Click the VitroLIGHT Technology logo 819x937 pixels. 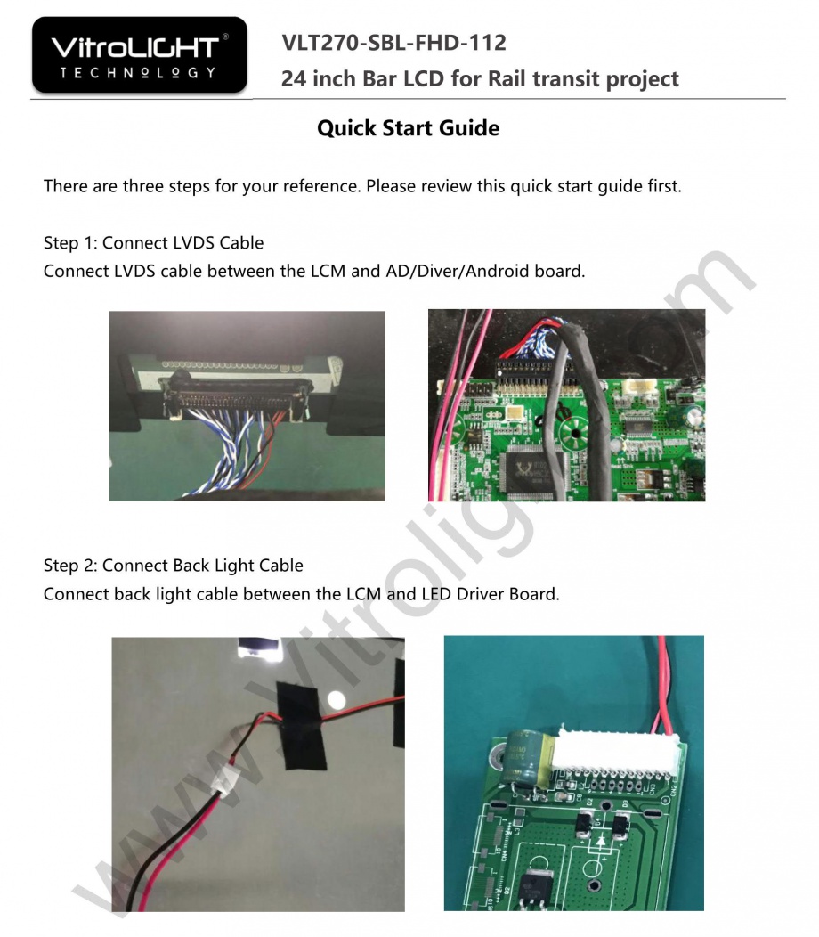click(x=139, y=55)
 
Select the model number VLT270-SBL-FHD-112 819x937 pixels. click(x=393, y=43)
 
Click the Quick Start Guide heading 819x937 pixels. click(x=408, y=128)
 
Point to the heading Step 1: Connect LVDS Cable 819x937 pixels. click(x=153, y=242)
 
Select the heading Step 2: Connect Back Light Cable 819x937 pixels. click(x=174, y=566)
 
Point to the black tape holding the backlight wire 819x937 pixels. click(x=302, y=725)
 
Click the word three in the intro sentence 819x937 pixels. click(x=143, y=186)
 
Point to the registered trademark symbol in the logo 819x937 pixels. click(x=225, y=37)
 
